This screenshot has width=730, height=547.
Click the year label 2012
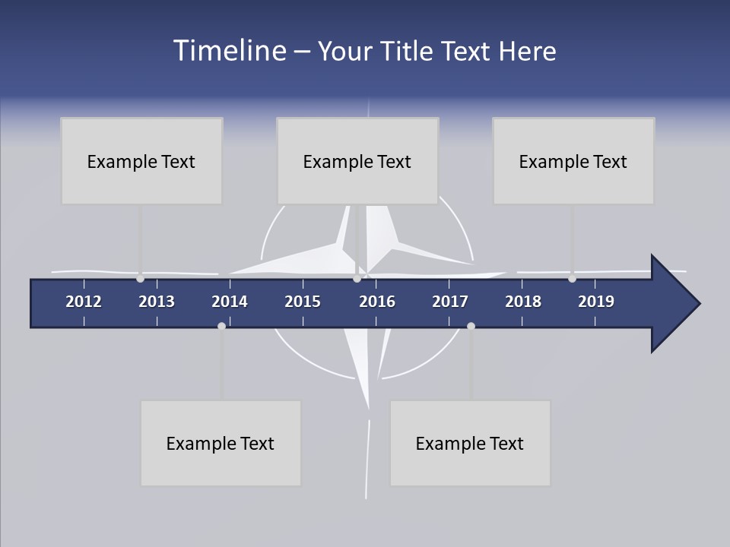[84, 302]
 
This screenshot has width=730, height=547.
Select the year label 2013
[157, 302]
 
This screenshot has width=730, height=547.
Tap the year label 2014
[230, 302]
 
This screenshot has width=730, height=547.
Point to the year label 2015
[303, 302]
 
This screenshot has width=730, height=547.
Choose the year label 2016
[377, 302]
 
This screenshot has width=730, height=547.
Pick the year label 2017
[450, 302]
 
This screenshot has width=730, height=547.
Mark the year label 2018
[523, 302]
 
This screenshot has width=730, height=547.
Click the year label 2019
[596, 302]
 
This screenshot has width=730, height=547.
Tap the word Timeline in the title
[229, 51]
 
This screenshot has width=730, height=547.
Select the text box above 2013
[141, 161]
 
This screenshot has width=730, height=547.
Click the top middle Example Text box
[357, 161]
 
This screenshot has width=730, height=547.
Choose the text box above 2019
[573, 161]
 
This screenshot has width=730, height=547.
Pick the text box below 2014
[221, 443]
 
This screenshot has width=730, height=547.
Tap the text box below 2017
[470, 443]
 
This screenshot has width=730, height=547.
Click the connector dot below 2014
[221, 326]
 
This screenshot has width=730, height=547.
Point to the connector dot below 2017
[471, 326]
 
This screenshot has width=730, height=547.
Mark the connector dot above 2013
[140, 279]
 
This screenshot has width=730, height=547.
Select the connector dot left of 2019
[572, 279]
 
